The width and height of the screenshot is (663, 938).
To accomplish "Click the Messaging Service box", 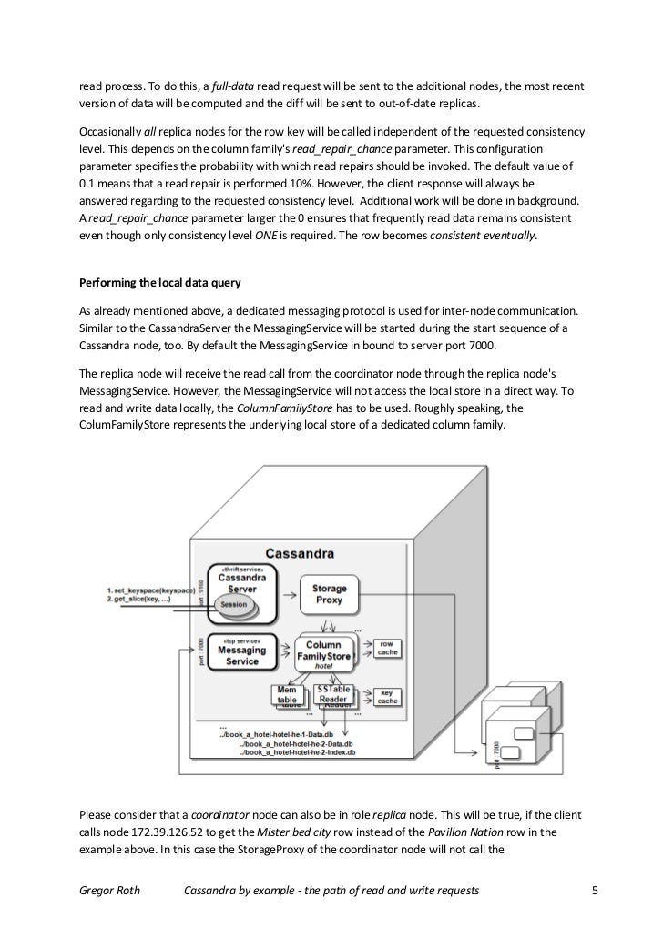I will tap(241, 654).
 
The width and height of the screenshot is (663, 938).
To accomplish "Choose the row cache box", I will tap(386, 647).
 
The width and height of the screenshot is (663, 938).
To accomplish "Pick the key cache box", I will tap(386, 697).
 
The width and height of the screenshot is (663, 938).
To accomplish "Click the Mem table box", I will tap(287, 695).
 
